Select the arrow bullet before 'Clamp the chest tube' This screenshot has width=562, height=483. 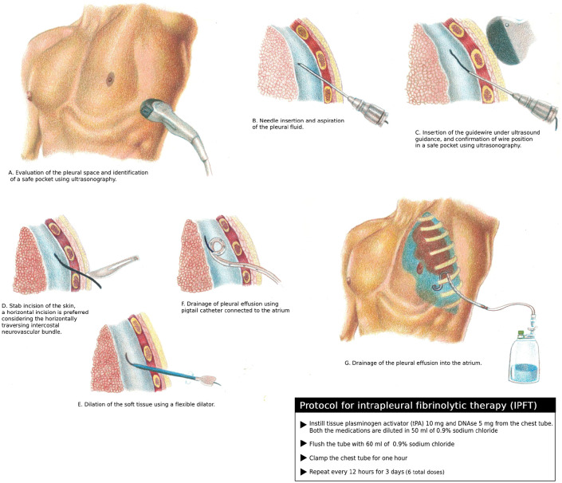(303, 458)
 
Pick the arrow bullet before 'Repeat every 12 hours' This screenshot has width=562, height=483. (303, 472)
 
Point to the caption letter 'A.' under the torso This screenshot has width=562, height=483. (10, 172)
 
